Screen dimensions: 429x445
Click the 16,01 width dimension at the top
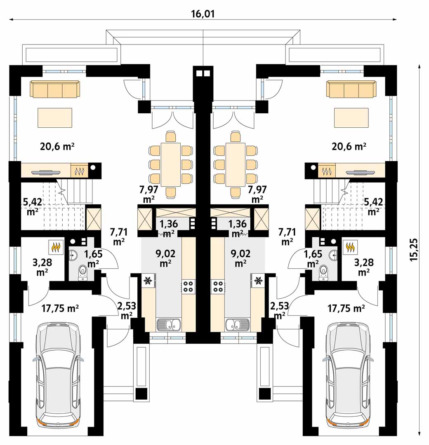203,14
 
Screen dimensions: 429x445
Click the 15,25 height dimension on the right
414,250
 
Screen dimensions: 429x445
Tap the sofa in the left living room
55,89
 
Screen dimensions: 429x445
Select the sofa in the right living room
351,89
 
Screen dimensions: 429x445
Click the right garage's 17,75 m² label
346,308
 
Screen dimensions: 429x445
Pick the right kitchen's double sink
237,324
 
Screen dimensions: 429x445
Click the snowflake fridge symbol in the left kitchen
148,281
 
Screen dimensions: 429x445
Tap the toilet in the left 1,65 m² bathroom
82,272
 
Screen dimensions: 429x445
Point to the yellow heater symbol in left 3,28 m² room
55,247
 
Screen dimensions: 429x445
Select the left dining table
171,164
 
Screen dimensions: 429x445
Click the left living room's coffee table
55,118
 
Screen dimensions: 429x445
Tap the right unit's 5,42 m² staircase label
373,206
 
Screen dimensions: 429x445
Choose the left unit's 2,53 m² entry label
126,310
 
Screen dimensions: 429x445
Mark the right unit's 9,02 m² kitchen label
240,258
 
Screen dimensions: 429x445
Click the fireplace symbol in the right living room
327,171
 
